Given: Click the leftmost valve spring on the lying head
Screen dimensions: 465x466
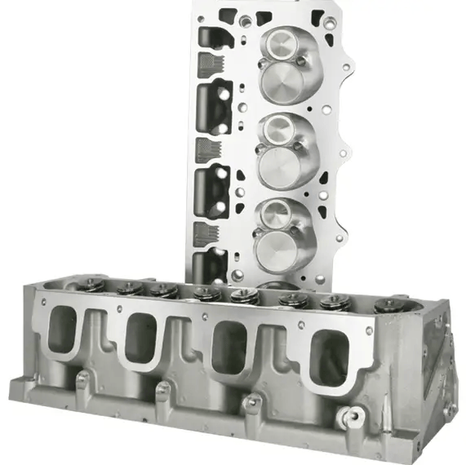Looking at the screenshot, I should pyautogui.click(x=91, y=285).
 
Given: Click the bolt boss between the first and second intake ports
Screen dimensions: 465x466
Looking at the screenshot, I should pyautogui.click(x=161, y=390).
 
